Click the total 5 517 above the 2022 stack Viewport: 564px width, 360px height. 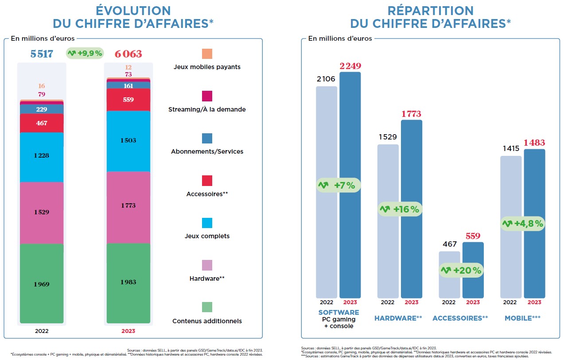[42, 54]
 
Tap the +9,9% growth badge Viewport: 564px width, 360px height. [85, 54]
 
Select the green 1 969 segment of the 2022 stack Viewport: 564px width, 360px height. [42, 284]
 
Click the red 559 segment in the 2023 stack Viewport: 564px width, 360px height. [128, 100]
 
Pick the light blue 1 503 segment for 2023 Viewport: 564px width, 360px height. [128, 140]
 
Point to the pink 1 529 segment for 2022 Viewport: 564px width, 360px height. [42, 212]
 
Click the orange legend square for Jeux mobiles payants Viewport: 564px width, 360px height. [207, 54]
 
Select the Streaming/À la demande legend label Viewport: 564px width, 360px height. [207, 109]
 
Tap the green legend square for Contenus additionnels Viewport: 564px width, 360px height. [207, 307]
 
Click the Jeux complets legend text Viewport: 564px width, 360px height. [207, 236]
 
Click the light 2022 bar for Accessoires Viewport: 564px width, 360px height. [449, 275]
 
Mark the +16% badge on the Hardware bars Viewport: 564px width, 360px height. [400, 209]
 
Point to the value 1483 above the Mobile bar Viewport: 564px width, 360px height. [534, 143]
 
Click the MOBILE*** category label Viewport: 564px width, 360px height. [523, 318]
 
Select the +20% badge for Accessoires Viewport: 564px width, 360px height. [461, 270]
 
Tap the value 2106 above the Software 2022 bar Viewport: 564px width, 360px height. [326, 79]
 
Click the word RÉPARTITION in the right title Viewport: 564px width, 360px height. [431, 11]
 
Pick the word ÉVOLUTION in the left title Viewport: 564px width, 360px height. [133, 11]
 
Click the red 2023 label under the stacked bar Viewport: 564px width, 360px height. [128, 331]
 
